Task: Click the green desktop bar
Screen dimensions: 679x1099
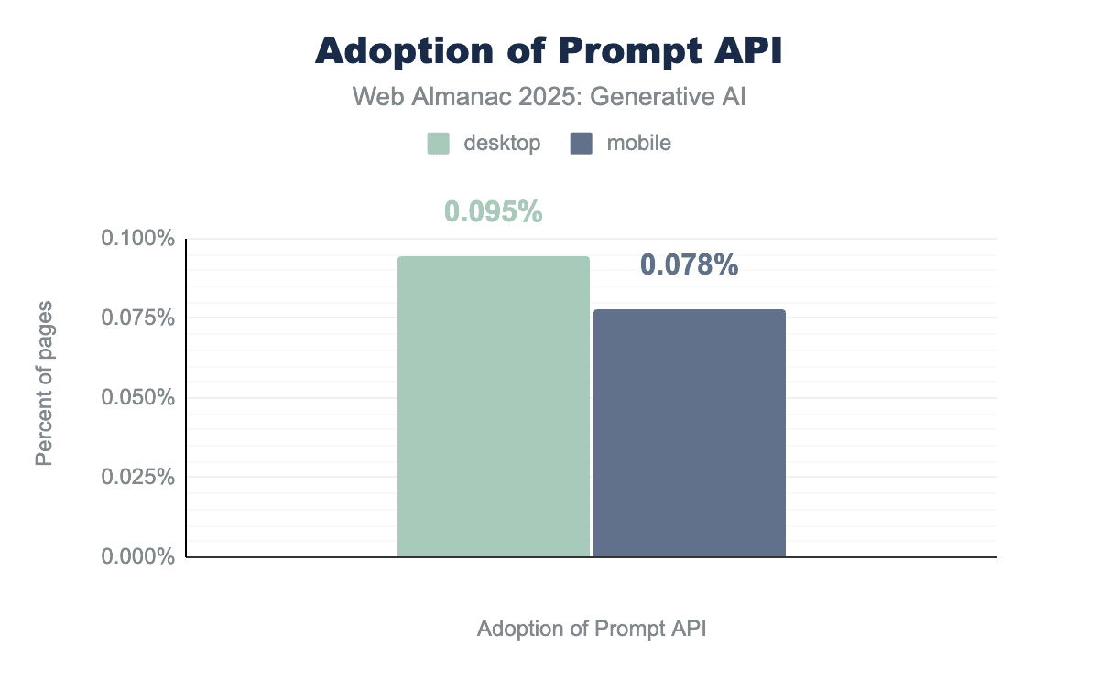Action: pyautogui.click(x=494, y=406)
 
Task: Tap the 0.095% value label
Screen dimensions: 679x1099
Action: pyautogui.click(x=494, y=212)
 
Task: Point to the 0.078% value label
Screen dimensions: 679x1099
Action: pyautogui.click(x=690, y=265)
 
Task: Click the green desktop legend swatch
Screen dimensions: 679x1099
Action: pyautogui.click(x=439, y=144)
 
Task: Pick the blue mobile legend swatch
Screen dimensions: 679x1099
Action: pyautogui.click(x=581, y=144)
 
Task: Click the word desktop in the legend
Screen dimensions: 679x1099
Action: pyautogui.click(x=502, y=144)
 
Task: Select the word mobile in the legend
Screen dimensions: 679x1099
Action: pyautogui.click(x=639, y=144)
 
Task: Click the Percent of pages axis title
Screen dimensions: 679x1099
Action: pyautogui.click(x=44, y=383)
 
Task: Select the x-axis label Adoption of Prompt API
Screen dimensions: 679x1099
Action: pyautogui.click(x=592, y=630)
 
